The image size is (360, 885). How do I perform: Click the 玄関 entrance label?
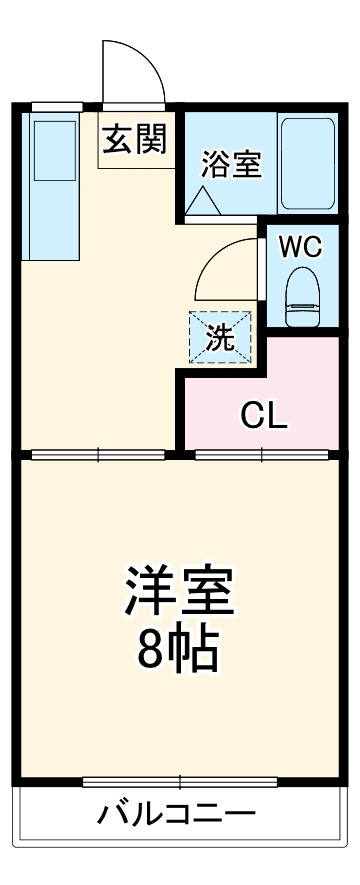[132, 141]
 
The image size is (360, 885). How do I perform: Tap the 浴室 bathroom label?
[232, 164]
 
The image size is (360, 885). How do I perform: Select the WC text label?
[300, 247]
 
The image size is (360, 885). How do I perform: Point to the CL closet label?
[264, 414]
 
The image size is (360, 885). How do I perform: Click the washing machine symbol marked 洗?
[220, 337]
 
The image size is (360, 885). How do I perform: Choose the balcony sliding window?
[180, 782]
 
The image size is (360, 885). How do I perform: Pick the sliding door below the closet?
[262, 455]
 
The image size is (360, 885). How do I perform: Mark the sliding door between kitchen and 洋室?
[98, 455]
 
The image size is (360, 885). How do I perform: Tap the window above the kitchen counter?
[55, 106]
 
